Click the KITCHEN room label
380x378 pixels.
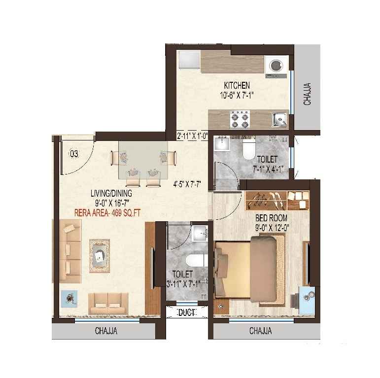[x=237, y=85]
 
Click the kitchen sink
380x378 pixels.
[x=280, y=119]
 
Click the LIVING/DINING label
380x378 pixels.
[x=111, y=193]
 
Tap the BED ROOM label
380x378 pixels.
[x=271, y=218]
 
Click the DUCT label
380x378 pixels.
[x=186, y=312]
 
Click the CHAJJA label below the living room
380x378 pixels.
[x=106, y=331]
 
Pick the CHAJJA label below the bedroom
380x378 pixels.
[x=261, y=331]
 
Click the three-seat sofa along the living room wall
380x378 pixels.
[x=70, y=251]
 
